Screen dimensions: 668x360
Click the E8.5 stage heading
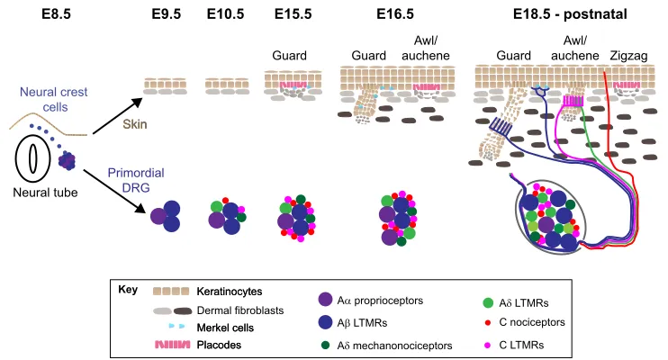[x=56, y=14]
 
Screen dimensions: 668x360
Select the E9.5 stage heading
[x=167, y=14]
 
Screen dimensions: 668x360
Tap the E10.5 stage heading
[x=225, y=14]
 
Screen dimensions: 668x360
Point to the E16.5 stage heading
[x=395, y=14]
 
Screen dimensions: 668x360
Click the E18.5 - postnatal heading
[x=570, y=14]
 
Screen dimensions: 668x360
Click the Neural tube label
[x=45, y=193]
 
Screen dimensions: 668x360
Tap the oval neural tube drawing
[x=32, y=158]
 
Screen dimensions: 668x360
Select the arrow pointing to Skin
[x=117, y=116]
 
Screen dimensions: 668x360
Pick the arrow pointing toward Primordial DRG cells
[x=113, y=191]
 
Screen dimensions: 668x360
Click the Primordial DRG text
[x=136, y=180]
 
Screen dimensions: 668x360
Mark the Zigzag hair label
[x=628, y=56]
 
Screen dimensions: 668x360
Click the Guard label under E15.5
[x=289, y=56]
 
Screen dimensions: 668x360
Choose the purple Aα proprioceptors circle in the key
[x=326, y=300]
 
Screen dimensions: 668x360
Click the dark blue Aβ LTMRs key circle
[x=326, y=322]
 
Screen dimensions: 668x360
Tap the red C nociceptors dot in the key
[x=488, y=322]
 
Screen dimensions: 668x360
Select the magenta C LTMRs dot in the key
[x=488, y=345]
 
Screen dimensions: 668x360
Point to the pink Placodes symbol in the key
[x=173, y=345]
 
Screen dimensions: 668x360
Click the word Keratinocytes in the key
[x=230, y=292]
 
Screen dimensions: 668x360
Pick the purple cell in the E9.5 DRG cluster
[x=158, y=216]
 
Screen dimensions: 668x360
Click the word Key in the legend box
[x=128, y=290]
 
